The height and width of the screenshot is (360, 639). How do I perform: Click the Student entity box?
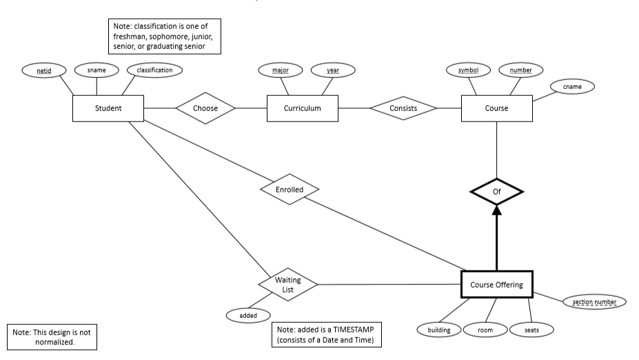tap(108, 108)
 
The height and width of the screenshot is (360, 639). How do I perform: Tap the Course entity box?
tap(496, 108)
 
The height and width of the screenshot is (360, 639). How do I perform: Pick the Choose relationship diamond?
tap(205, 108)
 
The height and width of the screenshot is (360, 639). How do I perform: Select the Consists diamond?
tap(403, 108)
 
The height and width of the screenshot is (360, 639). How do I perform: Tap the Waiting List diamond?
tap(288, 284)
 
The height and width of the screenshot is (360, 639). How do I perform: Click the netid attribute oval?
tap(43, 70)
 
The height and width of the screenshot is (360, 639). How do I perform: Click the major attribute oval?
tap(280, 70)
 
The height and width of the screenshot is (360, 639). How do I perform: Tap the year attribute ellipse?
tap(332, 70)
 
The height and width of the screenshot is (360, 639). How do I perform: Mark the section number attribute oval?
tap(594, 301)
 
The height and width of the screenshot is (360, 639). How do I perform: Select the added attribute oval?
tap(247, 315)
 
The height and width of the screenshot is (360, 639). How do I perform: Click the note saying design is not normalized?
tap(51, 337)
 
